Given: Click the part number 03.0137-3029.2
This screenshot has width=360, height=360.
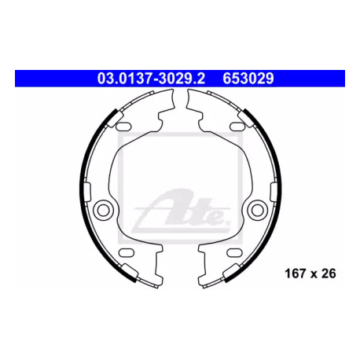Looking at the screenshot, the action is tap(151, 78).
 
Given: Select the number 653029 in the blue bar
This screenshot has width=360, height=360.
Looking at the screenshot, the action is tap(248, 78).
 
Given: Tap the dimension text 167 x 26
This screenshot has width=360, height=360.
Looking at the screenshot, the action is tap(310, 274).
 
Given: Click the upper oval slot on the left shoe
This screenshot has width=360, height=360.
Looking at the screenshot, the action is tap(123, 127).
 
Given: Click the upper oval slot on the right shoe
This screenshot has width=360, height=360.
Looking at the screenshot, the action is tap(237, 127).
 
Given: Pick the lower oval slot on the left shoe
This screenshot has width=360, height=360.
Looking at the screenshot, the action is tap(127, 252).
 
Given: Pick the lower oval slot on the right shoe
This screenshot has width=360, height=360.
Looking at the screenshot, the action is tap(234, 252).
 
